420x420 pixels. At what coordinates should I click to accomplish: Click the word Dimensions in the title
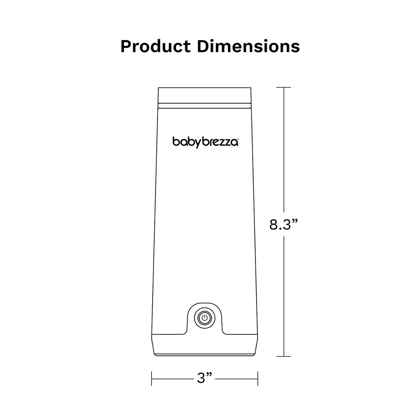click(x=248, y=47)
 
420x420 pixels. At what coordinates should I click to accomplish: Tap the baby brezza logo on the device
click(x=205, y=142)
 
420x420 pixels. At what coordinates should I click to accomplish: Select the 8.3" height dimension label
click(x=283, y=224)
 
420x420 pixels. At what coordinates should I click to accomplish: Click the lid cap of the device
click(x=205, y=95)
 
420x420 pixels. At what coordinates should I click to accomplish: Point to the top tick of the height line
click(x=283, y=87)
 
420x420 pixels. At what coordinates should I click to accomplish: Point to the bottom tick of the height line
click(x=283, y=356)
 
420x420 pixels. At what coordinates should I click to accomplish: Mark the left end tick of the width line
click(x=152, y=379)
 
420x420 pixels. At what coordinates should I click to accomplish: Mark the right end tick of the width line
click(x=258, y=379)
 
